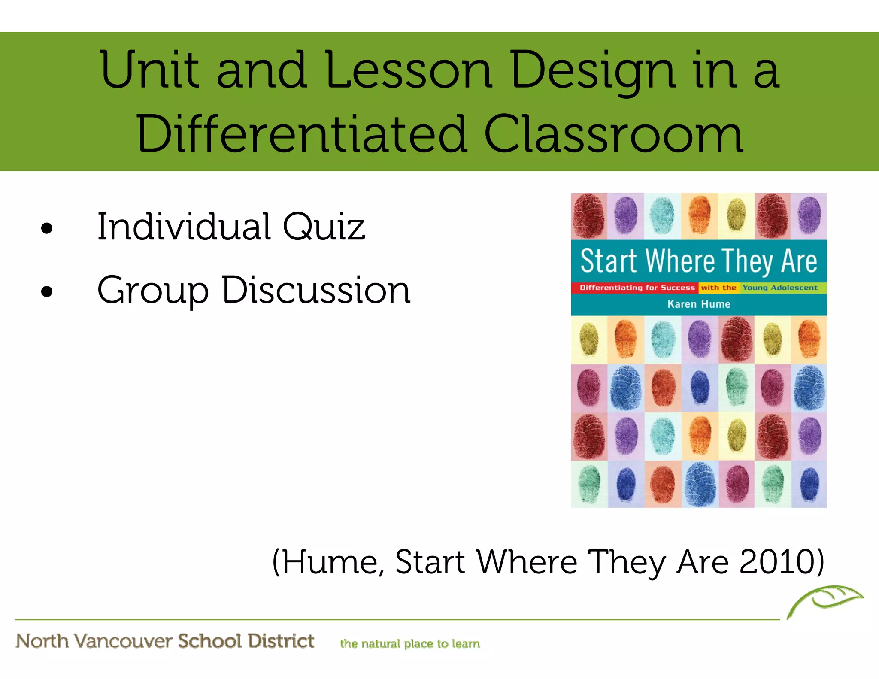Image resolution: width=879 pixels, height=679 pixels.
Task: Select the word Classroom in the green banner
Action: (x=613, y=134)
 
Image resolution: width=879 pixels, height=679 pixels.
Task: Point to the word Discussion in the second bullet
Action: (x=316, y=290)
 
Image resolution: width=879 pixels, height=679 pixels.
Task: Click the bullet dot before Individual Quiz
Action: (x=47, y=228)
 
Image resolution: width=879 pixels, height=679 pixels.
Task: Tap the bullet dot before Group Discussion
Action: (x=47, y=292)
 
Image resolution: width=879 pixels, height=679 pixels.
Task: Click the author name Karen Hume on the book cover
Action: (x=699, y=304)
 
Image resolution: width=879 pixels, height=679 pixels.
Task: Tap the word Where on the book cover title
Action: (x=681, y=261)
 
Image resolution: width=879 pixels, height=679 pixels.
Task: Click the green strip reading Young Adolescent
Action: (x=780, y=288)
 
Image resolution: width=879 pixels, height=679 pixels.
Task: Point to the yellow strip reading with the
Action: (x=718, y=288)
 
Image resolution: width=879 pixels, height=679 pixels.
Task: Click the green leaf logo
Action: (x=824, y=601)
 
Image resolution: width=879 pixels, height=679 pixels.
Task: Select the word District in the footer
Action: (x=281, y=641)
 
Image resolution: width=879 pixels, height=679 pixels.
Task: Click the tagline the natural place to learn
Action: (x=409, y=644)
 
